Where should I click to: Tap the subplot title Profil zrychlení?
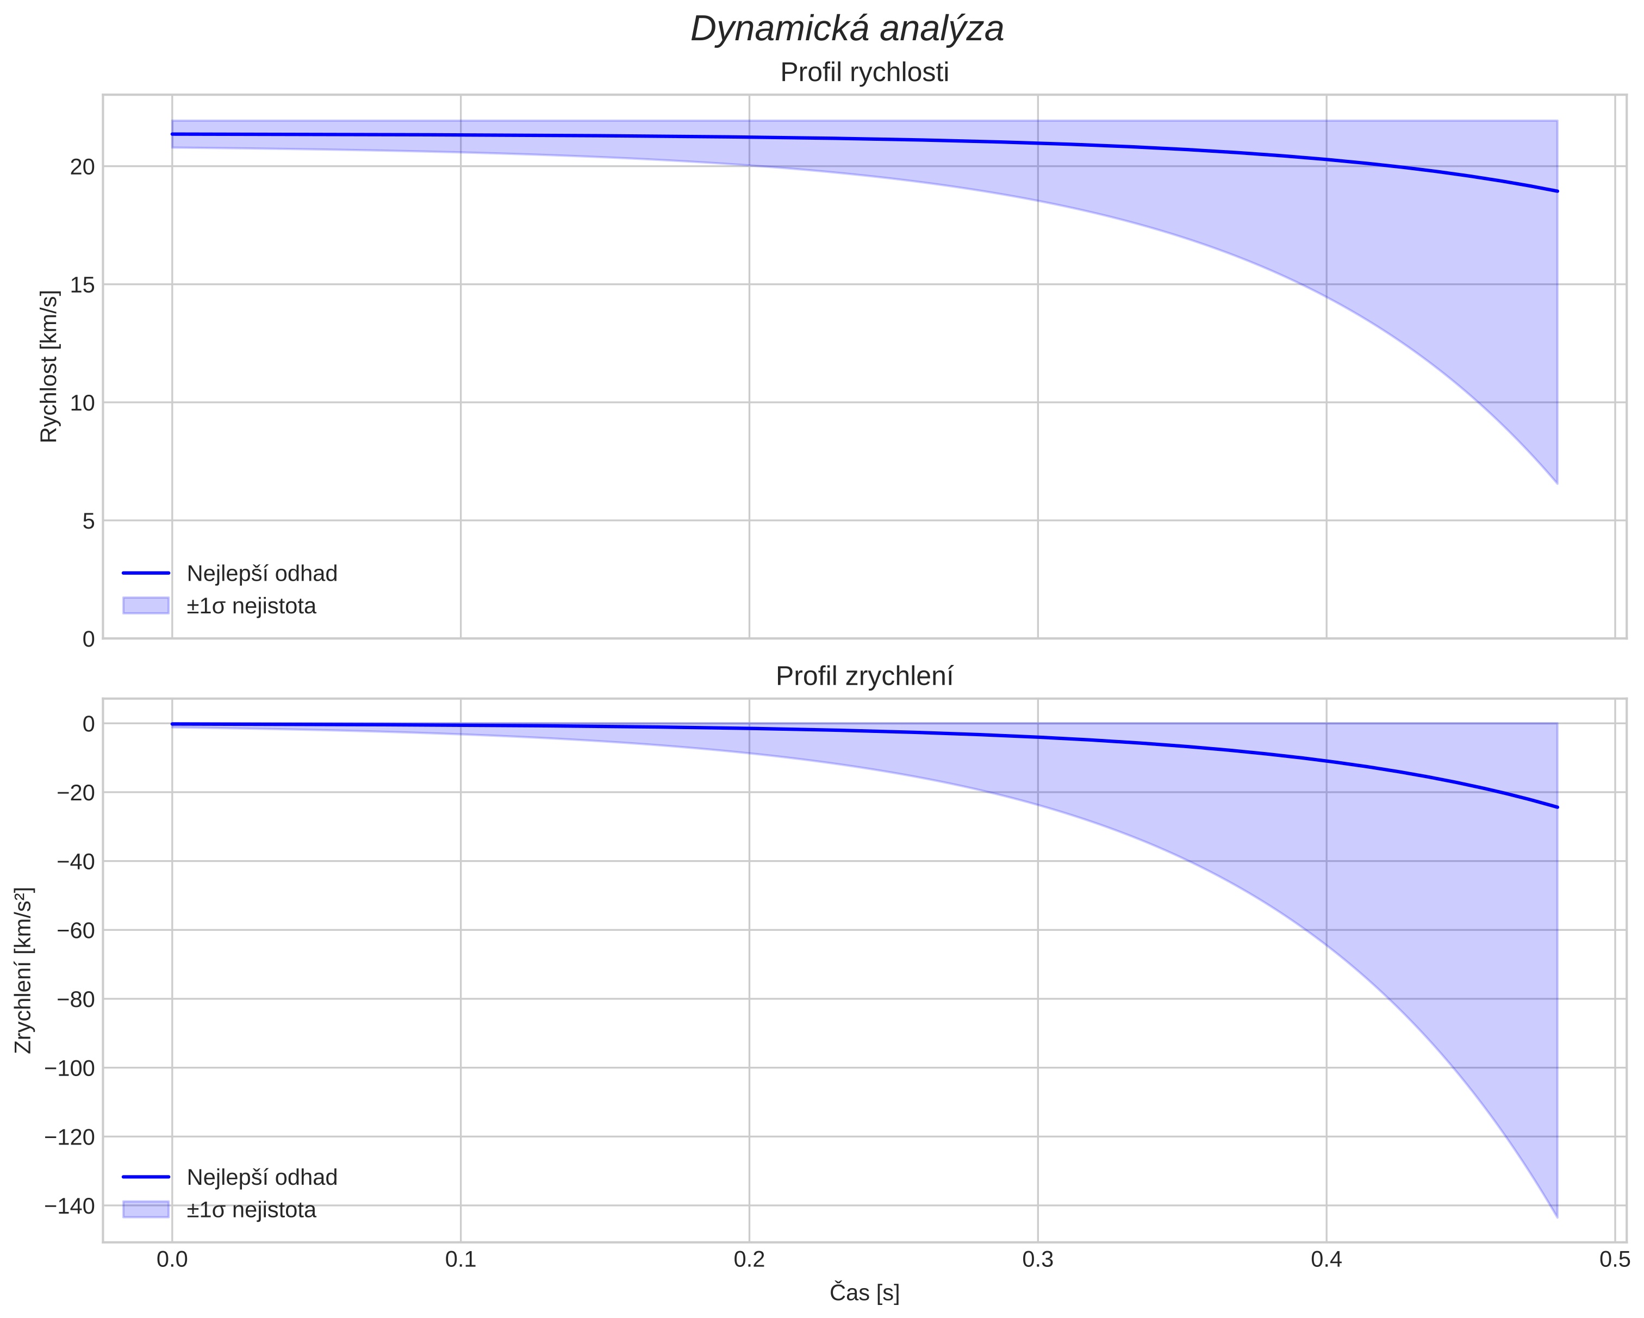point(864,676)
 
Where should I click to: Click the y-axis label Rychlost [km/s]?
point(49,366)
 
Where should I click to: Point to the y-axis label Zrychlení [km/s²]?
point(24,970)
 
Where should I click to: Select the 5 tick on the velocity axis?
point(89,521)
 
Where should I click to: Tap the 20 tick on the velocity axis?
point(82,167)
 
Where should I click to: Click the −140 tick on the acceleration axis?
point(70,1206)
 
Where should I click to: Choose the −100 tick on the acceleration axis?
point(70,1068)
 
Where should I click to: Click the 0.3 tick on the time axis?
point(1038,1259)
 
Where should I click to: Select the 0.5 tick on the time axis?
point(1614,1259)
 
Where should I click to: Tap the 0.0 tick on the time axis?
point(172,1259)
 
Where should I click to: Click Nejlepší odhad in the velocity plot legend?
point(261,574)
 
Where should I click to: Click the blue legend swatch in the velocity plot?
point(146,606)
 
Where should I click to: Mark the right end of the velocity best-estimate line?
point(1556,191)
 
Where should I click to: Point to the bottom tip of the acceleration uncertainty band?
point(1556,1216)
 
